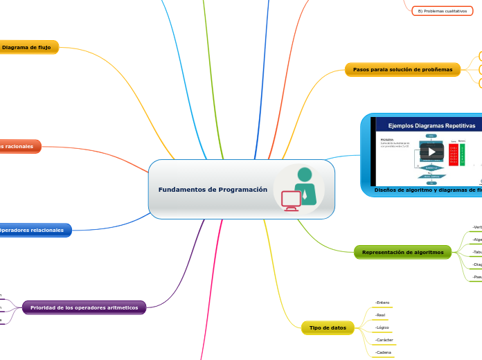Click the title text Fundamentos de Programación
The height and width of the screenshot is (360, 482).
[213, 190]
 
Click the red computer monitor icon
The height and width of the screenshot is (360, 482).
[291, 199]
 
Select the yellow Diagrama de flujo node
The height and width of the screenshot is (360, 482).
[30, 48]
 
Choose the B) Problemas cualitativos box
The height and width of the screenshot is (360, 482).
[442, 11]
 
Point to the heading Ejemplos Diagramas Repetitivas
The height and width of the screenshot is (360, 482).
[431, 126]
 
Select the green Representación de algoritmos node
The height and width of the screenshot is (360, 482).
[402, 253]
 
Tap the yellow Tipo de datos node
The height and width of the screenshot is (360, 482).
[328, 327]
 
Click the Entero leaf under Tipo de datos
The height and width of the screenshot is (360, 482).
[382, 303]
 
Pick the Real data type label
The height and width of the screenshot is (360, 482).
[380, 315]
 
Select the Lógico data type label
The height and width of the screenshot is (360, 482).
[382, 327]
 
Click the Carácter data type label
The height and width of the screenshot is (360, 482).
[384, 340]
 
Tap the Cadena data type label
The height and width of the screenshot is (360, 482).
[383, 352]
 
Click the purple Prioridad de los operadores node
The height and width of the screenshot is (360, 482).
[84, 307]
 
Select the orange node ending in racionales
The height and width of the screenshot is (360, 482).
[18, 147]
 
